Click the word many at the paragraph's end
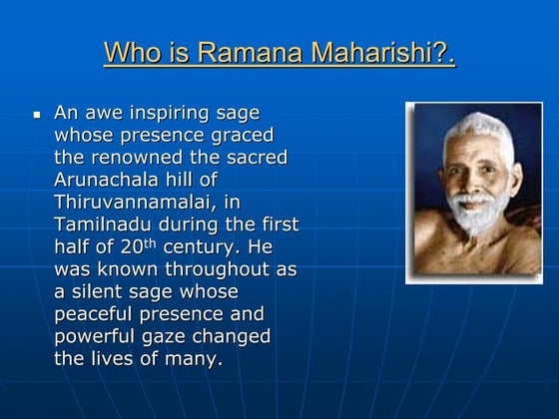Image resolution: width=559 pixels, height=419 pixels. click(x=194, y=357)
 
